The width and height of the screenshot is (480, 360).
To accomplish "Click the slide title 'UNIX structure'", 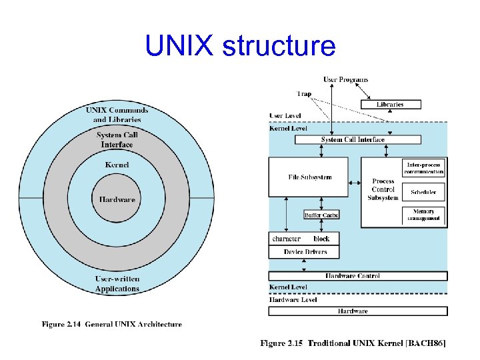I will [x=240, y=46].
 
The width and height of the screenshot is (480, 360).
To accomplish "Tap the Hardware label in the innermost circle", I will [x=117, y=199].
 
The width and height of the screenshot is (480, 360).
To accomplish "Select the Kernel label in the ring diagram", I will [x=117, y=165].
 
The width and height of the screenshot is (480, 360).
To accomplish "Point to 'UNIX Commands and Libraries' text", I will [x=117, y=115].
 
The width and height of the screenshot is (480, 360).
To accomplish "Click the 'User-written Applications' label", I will [x=117, y=283].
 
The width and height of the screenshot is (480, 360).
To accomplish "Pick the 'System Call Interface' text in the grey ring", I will [x=117, y=140].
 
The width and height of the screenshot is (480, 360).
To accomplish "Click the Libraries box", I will [x=391, y=104].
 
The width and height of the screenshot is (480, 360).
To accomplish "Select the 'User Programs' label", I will [x=345, y=80].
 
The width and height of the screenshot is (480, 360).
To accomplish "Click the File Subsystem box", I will [x=308, y=177].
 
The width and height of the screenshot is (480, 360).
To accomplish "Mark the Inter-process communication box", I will [x=424, y=167].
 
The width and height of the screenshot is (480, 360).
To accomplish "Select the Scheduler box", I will [x=424, y=192].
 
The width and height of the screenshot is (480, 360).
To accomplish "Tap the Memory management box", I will [x=424, y=215].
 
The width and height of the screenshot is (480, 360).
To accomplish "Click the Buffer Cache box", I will [x=321, y=215].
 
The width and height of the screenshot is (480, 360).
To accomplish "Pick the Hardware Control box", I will [x=357, y=276].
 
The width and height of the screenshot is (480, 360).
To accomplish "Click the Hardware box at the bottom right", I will [x=357, y=311].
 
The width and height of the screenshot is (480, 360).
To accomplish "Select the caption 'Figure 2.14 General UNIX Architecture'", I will [x=112, y=325].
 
